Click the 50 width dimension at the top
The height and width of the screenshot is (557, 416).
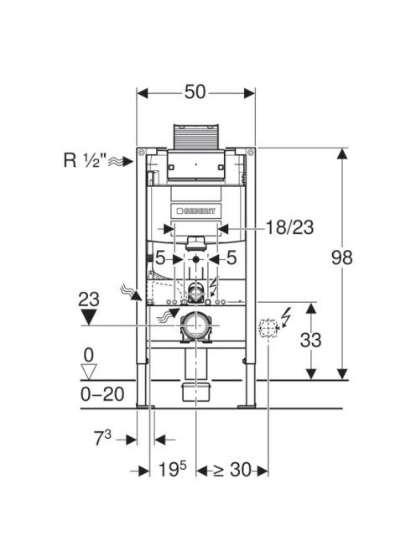point(195,92)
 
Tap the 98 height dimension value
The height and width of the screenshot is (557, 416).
point(341,258)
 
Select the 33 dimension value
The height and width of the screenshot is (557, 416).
point(311,340)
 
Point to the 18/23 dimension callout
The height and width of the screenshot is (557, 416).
point(290,227)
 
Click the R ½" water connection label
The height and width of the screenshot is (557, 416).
point(86,160)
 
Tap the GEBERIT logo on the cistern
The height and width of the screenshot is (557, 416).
point(196,211)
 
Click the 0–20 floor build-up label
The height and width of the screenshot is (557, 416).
point(102,394)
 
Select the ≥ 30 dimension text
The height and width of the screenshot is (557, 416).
point(232,470)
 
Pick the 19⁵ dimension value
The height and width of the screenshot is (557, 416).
point(172,469)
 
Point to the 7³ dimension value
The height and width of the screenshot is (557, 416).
point(102,438)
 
